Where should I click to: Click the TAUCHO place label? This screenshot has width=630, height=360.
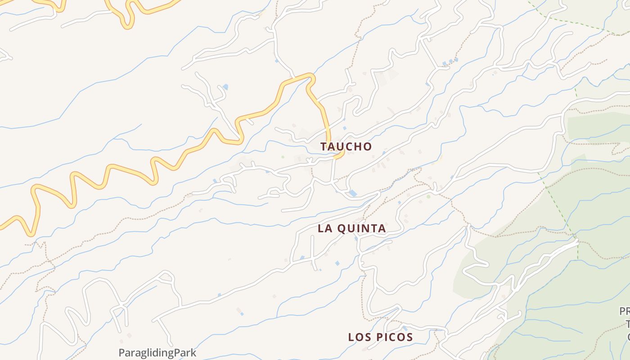[x=346, y=146]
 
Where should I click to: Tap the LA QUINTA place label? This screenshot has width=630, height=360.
[x=351, y=228]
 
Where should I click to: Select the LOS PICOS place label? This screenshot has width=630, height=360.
[x=380, y=337]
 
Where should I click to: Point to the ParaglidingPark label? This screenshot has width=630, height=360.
[x=157, y=352]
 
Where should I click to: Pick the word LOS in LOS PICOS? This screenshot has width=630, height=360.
[x=359, y=337]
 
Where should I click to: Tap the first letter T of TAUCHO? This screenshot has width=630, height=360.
[x=324, y=146]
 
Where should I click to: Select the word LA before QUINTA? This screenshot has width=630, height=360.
[x=325, y=228]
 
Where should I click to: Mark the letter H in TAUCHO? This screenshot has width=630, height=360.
[x=359, y=146]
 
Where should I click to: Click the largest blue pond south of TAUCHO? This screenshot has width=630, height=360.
[x=353, y=193]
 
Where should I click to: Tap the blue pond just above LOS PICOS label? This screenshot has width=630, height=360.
[x=405, y=328]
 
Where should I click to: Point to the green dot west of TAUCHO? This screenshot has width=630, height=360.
[x=283, y=157]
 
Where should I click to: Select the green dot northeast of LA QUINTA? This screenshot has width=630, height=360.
[x=428, y=196]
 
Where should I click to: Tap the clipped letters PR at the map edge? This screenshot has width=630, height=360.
[x=625, y=311]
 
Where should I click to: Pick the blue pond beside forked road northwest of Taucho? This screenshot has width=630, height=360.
[x=225, y=86]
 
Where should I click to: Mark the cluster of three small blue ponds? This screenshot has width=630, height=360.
[x=450, y=61]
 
